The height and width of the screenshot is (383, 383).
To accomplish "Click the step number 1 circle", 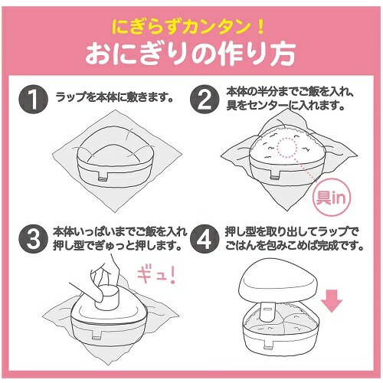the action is (33, 99).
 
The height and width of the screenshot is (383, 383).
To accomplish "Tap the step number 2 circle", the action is (205, 99).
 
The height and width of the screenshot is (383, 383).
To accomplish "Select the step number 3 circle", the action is (33, 239).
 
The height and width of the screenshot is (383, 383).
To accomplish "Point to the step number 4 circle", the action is (205, 239).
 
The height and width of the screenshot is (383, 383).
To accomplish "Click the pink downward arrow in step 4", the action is (332, 301).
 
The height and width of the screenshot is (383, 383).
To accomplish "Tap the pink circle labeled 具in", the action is (332, 197).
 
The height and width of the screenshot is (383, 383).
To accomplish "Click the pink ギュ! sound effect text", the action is (156, 276).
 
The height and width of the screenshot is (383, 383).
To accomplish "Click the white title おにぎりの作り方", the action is (190, 54).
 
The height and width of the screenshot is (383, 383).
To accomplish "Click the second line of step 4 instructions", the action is (294, 246).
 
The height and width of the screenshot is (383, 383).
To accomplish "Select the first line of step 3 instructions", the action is (119, 232).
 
